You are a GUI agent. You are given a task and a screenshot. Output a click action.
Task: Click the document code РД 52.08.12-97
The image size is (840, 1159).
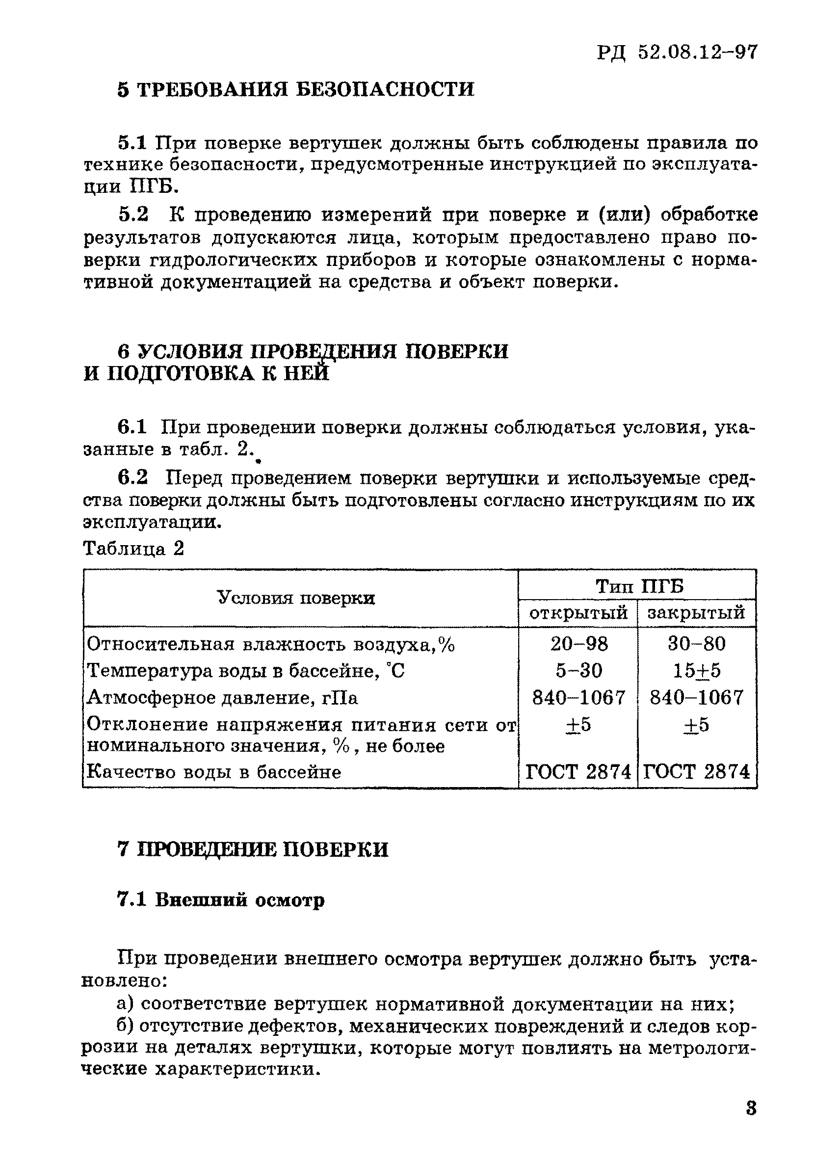[677, 53]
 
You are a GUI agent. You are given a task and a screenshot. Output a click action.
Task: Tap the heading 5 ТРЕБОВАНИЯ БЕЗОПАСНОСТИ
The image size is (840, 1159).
[295, 89]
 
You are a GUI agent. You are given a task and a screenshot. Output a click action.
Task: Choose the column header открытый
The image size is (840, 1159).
[578, 612]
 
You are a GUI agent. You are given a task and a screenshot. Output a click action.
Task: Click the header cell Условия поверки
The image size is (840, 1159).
[296, 598]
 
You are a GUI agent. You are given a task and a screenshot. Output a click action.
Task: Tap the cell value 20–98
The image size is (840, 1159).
[579, 644]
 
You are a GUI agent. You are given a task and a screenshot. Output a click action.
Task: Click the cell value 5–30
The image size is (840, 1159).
[579, 670]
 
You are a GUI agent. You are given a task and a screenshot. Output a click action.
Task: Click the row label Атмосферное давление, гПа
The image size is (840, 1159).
[222, 698]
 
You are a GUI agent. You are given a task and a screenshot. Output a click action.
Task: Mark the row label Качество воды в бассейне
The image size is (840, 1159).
[213, 772]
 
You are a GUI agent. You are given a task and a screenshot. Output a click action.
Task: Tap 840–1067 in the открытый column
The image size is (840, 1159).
[579, 698]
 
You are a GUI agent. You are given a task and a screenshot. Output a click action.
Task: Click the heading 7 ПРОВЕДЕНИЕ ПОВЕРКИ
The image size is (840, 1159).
[253, 849]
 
